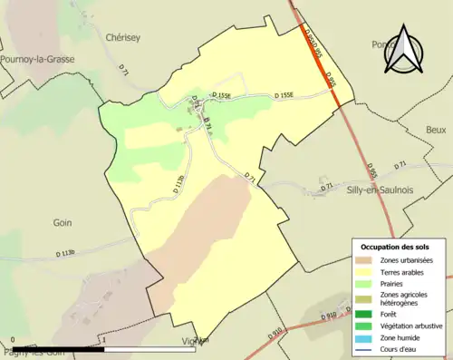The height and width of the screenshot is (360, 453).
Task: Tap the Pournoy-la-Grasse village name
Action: click(38, 59)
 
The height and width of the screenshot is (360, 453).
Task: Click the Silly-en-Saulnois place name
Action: click(359, 190)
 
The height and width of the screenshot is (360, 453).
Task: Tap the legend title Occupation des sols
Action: click(396, 247)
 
